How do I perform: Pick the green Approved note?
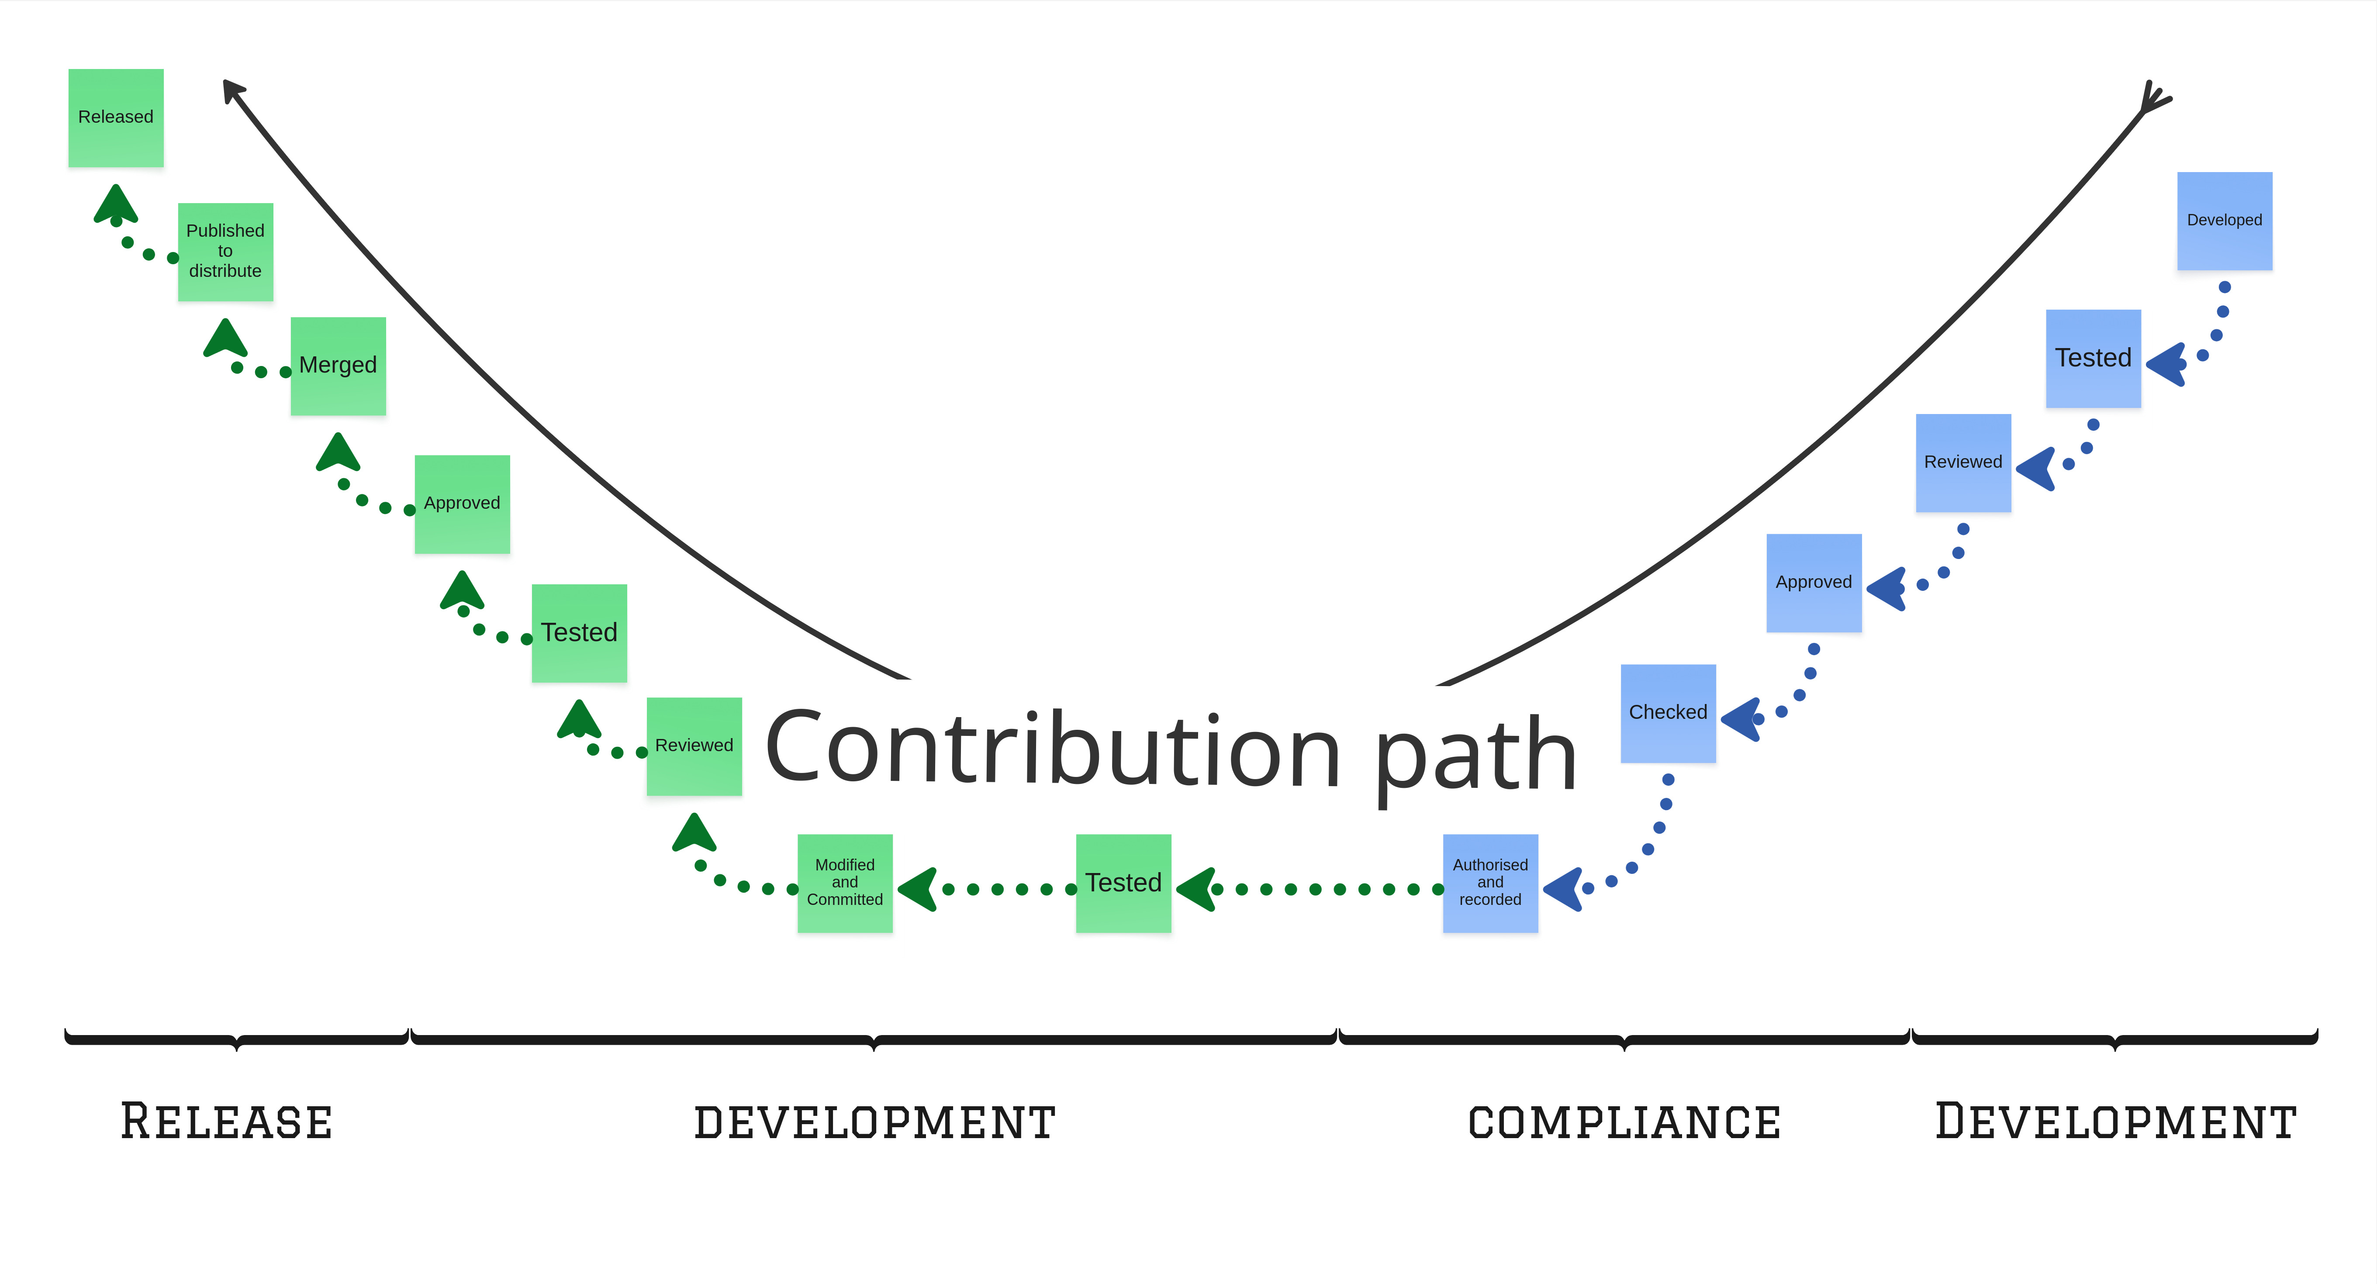click(x=462, y=504)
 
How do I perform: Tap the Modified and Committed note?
click(x=844, y=883)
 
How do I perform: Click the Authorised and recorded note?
click(x=1490, y=883)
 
